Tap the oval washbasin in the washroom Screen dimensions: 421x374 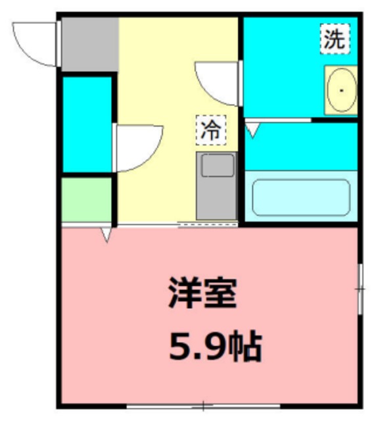341,91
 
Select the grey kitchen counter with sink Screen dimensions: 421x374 217,186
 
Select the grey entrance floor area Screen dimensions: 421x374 90,43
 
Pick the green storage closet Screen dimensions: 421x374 87,200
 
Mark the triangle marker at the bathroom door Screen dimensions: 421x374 253,130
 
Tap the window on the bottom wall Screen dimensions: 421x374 204,405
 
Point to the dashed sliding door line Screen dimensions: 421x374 208,225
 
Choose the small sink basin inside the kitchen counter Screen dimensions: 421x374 218,166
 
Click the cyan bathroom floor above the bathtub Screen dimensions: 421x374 301,146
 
